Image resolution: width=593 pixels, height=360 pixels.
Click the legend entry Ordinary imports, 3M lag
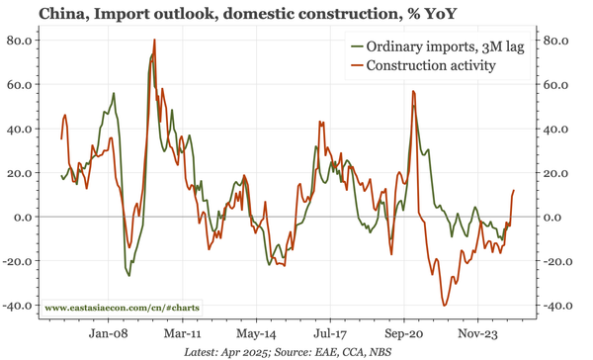point(436,47)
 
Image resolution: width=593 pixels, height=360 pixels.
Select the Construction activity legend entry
point(430,66)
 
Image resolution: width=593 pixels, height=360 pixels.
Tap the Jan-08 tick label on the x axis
point(107,334)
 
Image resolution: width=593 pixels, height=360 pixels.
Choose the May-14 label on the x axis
point(257,334)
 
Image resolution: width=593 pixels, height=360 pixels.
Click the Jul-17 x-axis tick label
point(332,334)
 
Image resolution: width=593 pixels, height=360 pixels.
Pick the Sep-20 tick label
point(407,334)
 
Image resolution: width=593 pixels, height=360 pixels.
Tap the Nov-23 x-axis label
point(482,334)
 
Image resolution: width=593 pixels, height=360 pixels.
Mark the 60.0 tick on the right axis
point(558,85)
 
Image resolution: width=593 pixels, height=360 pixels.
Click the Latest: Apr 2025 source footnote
point(296,351)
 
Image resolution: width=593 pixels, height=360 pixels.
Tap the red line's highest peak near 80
point(154,41)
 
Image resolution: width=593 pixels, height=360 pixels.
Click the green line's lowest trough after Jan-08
point(128,275)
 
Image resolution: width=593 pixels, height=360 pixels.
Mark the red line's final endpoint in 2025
point(514,190)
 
